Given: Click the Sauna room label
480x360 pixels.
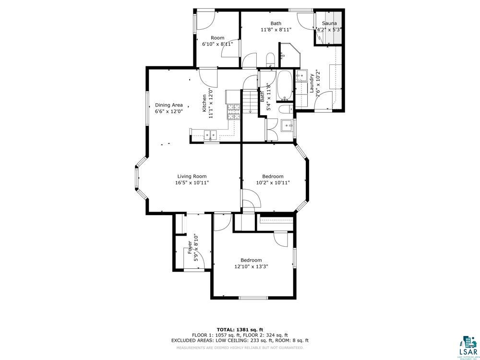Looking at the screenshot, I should pos(329,23).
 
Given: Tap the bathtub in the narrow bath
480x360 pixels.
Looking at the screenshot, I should pos(285,86).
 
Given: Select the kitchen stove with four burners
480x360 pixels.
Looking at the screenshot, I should pos(233,112).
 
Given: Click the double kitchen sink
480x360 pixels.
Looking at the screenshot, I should pos(210,135).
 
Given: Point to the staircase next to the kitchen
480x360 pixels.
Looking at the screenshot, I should pos(250,101).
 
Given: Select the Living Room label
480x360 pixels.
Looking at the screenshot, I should pos(192,176).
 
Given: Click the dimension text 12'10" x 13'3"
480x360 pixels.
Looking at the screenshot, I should pos(251,266).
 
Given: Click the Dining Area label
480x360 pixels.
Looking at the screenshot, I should pos(168,105).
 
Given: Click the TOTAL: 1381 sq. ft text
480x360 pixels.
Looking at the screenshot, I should pos(240,329).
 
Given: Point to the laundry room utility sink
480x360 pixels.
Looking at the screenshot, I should pos(302,76).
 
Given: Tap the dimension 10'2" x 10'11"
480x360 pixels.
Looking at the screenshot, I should pos(273,182).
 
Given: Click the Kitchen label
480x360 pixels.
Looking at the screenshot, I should pos(204,103).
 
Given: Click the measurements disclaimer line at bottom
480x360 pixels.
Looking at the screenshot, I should pos(240,347).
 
